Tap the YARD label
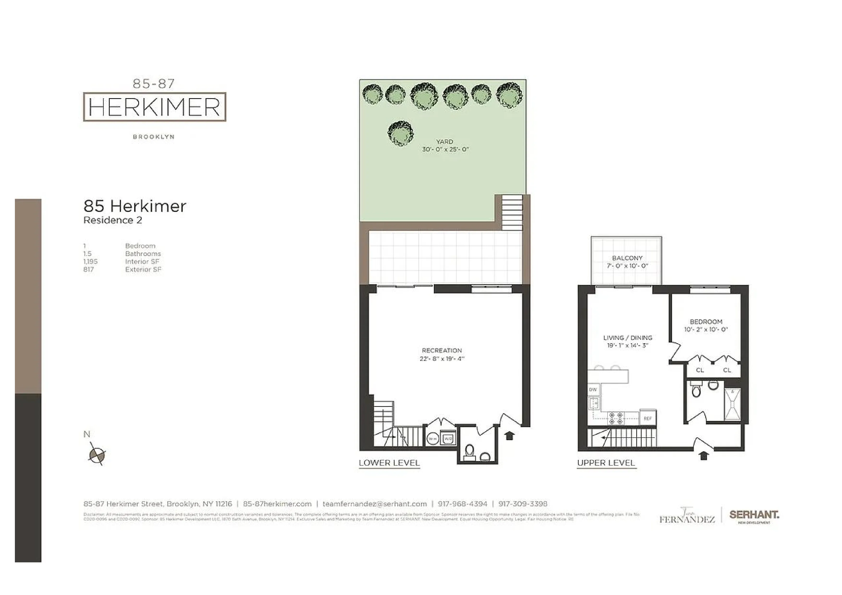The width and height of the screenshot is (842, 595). tap(445, 142)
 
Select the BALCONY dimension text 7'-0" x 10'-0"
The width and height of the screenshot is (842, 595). tap(627, 266)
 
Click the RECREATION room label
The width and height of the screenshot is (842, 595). tap(442, 350)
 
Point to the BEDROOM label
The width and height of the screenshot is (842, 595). tap(706, 322)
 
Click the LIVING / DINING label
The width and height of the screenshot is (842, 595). tap(627, 338)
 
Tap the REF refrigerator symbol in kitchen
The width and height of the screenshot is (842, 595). tap(648, 418)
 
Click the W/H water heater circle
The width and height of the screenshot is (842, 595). tap(433, 439)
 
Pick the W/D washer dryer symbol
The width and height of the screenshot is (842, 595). tap(448, 439)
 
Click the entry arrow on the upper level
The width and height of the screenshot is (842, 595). tap(703, 455)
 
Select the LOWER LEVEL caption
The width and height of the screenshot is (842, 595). tap(389, 463)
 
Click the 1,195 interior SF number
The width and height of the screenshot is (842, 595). tap(90, 261)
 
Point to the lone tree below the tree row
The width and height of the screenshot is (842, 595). tap(400, 133)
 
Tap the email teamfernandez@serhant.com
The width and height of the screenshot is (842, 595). tap(374, 504)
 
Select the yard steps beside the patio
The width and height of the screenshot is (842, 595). tap(512, 212)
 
